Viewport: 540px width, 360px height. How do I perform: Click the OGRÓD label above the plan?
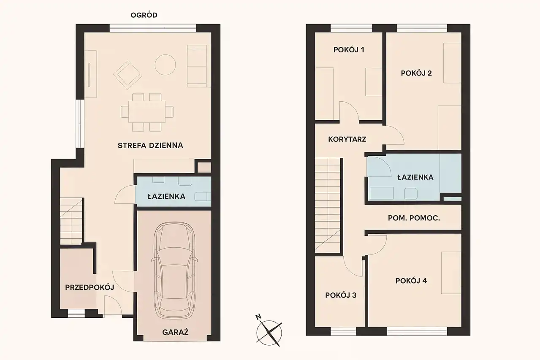click(x=144, y=15)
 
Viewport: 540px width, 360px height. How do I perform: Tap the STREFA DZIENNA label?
click(x=150, y=146)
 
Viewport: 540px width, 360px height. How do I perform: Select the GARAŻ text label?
click(x=175, y=332)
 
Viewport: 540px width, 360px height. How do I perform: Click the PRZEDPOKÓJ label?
click(x=90, y=287)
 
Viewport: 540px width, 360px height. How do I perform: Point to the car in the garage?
click(x=174, y=270)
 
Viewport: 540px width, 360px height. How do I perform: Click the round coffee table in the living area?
click(x=165, y=65)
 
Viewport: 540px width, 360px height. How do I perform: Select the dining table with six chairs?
click(x=147, y=112)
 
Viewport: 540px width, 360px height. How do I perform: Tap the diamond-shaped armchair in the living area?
click(x=127, y=75)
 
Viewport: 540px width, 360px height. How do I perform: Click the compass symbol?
click(x=269, y=333)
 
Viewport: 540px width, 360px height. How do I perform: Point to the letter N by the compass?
click(x=258, y=317)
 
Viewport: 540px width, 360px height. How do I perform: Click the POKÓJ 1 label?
click(x=349, y=50)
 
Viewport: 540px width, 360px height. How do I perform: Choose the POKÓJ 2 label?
click(x=416, y=73)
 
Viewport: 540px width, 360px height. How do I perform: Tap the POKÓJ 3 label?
click(x=341, y=295)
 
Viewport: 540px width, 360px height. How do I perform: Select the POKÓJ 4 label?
click(x=411, y=281)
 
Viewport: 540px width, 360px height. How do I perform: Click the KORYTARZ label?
click(x=347, y=139)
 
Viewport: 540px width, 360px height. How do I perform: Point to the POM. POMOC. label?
click(x=414, y=218)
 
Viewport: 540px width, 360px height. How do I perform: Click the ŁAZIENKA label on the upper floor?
click(x=415, y=177)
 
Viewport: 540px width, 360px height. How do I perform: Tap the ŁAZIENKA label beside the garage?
click(x=166, y=196)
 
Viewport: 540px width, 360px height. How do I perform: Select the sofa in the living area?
click(x=197, y=66)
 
